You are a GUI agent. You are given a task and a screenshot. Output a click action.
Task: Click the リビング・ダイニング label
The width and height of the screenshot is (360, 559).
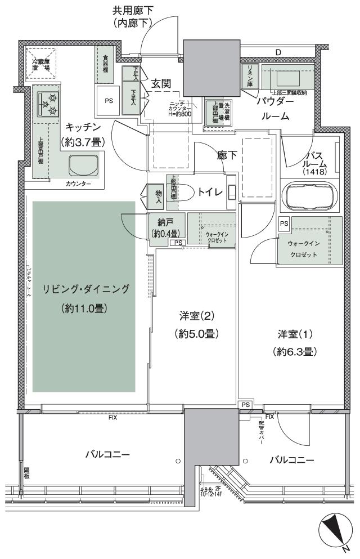click(x=85, y=289)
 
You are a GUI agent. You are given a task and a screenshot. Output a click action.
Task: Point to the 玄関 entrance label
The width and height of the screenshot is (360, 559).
click(x=161, y=83)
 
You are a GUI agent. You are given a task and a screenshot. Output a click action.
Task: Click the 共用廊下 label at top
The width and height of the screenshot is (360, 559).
click(x=133, y=10)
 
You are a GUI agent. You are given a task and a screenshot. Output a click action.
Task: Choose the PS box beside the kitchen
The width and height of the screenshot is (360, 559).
click(x=108, y=101)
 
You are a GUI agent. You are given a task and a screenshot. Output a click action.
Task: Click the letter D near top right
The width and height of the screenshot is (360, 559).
click(x=278, y=53)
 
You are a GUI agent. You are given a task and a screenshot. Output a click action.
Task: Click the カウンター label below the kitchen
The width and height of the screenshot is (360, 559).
click(x=77, y=184)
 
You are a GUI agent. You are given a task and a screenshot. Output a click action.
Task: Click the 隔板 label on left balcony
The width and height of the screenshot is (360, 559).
click(x=26, y=473)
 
